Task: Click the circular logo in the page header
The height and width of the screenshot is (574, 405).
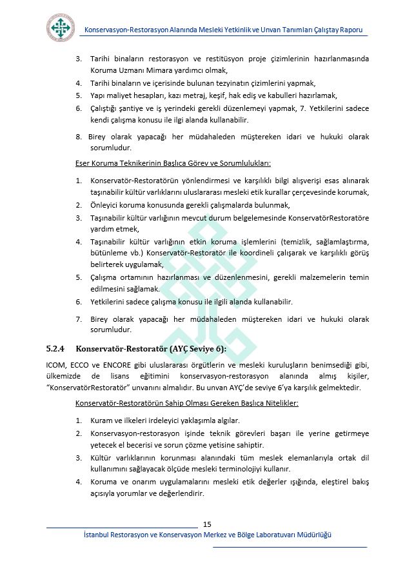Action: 61,27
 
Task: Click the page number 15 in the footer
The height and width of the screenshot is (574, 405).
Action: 207,524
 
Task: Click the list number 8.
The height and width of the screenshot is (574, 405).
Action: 79,136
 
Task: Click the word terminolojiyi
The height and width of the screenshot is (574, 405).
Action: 244,469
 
